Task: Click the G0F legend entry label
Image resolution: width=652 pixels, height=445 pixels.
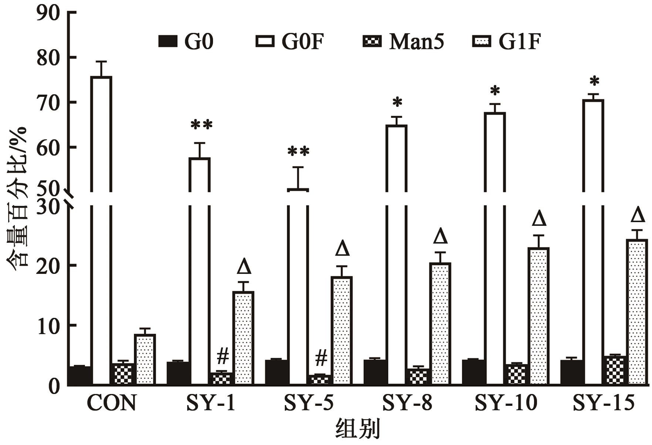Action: (302, 41)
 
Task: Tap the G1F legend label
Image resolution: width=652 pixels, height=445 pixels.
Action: (520, 41)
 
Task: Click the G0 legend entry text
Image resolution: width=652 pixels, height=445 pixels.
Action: (199, 41)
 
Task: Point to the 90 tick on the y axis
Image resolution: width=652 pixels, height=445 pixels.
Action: (48, 13)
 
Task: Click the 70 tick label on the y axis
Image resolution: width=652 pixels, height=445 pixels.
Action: (48, 102)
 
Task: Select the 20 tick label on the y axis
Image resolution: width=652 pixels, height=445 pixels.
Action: (48, 265)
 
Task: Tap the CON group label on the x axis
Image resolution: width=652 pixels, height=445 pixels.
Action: (112, 403)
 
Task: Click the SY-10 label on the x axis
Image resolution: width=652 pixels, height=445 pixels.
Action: (506, 403)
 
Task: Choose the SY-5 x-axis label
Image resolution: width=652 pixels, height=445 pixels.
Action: (308, 403)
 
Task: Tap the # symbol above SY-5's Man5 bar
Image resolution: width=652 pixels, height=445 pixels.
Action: (321, 357)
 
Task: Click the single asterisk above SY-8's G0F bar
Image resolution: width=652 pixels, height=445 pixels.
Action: (397, 102)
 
